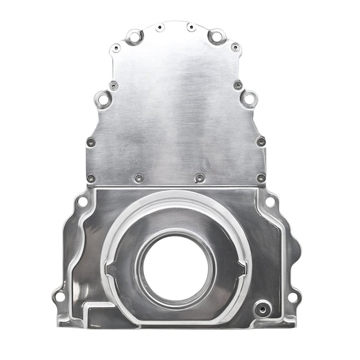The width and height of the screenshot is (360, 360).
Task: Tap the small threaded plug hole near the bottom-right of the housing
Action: (x=261, y=309)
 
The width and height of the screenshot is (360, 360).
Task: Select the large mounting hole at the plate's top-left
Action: (x=133, y=37)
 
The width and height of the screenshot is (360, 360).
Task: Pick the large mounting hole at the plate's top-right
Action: (x=215, y=37)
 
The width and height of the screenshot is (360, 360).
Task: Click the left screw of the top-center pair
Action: (x=160, y=28)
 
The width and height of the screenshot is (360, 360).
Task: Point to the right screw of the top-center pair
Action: (x=190, y=27)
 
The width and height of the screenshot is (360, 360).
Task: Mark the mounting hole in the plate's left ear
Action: (x=104, y=98)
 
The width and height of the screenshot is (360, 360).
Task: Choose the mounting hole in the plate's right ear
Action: (x=248, y=98)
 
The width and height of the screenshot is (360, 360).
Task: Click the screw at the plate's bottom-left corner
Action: (x=91, y=178)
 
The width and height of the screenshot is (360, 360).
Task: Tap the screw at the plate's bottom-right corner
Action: (x=261, y=178)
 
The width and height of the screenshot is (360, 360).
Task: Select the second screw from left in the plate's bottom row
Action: (x=139, y=178)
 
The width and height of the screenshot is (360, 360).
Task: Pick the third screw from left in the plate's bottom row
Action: (x=200, y=178)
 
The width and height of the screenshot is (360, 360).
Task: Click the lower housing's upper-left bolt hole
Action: (x=82, y=202)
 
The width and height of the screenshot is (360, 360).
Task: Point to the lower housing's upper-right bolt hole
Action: (x=270, y=202)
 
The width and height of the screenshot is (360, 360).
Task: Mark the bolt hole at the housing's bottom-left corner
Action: (x=59, y=296)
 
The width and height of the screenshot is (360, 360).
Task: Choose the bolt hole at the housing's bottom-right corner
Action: (x=292, y=296)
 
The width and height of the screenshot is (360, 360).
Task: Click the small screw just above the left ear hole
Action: (x=113, y=86)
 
